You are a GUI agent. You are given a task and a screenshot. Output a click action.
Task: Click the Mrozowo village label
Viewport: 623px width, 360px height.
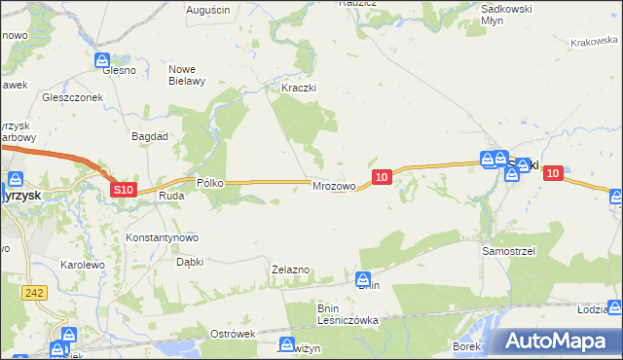pos(332,186)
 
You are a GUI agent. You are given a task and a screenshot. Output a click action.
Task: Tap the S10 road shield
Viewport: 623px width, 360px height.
pos(123,191)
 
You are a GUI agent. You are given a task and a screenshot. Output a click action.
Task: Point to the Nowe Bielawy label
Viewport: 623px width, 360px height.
pos(187,75)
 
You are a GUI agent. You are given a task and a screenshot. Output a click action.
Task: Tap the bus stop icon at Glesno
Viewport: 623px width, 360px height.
pos(114,59)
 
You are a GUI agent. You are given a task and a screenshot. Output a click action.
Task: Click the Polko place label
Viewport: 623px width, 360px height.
pos(211,182)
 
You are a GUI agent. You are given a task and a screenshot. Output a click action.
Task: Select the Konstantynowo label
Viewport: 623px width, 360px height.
pos(163,237)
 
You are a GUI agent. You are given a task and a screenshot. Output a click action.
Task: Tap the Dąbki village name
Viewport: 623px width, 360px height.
pos(189,262)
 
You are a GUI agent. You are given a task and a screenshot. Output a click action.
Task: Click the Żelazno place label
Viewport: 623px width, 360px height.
pos(290,270)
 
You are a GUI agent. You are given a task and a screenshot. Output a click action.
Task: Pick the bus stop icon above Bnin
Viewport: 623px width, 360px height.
pos(363,278)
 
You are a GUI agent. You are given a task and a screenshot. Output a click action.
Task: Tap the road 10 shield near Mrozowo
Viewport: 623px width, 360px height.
pos(382,176)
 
